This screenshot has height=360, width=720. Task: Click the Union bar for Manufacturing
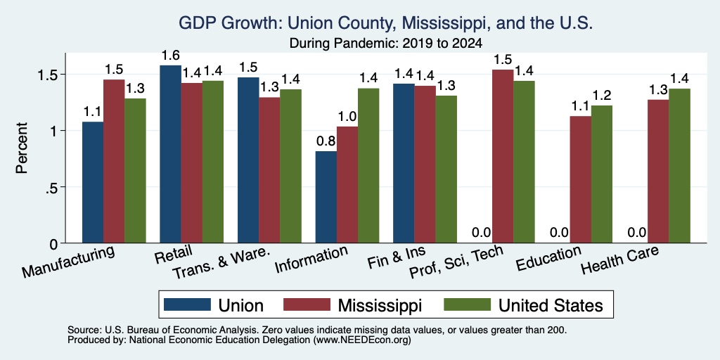[93, 182]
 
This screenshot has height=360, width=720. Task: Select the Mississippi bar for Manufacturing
[114, 161]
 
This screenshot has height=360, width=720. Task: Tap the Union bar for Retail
[170, 154]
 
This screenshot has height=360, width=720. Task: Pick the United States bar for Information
[368, 166]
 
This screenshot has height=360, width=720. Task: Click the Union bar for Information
[326, 197]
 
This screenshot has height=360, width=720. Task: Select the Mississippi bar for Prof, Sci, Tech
[503, 156]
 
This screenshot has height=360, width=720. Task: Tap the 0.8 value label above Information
[326, 141]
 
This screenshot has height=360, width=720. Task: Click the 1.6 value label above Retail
[170, 56]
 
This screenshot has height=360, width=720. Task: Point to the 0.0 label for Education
[559, 232]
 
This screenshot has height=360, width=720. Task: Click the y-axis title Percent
[22, 148]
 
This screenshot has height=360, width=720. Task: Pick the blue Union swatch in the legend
[187, 304]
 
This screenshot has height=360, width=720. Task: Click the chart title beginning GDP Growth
[386, 23]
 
